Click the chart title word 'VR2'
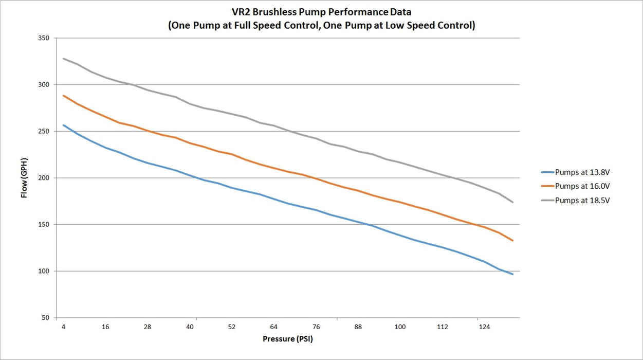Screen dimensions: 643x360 tap(241, 12)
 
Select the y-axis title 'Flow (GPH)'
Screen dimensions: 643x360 tap(24, 178)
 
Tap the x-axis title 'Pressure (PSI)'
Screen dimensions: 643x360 tap(288, 339)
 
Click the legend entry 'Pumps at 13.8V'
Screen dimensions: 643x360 tap(576, 172)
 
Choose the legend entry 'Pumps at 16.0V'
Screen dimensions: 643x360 tap(576, 186)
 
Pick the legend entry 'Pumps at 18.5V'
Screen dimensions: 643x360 tap(576, 200)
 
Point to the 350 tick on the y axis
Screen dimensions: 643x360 tap(44, 38)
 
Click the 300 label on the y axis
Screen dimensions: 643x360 tap(44, 84)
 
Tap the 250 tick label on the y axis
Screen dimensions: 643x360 tap(44, 131)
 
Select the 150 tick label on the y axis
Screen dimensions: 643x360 tap(44, 224)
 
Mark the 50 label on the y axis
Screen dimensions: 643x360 tap(45, 318)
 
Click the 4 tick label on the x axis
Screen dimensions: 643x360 tap(63, 327)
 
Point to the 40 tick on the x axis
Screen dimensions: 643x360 tap(190, 327)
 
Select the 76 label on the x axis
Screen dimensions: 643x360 tap(316, 327)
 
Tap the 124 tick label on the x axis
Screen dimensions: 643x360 tap(485, 327)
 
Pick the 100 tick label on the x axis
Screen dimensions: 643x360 tap(400, 327)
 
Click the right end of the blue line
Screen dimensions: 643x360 tap(512, 275)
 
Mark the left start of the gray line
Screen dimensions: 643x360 tap(63, 59)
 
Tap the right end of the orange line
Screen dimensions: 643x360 tap(512, 241)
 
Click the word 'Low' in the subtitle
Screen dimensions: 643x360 tap(395, 25)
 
